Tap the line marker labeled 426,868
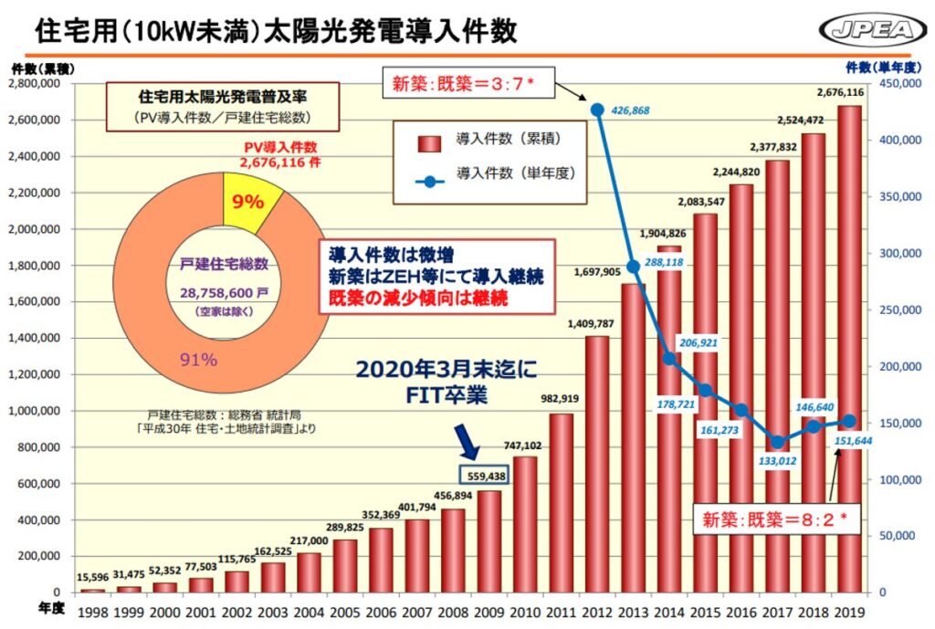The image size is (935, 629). (x=597, y=110)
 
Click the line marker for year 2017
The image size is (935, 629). (x=777, y=442)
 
